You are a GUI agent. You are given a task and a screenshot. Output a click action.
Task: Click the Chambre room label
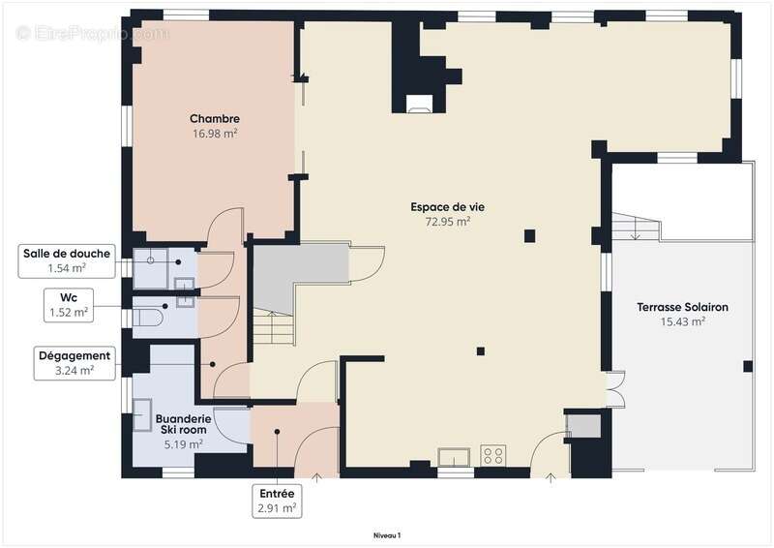(x=215, y=118)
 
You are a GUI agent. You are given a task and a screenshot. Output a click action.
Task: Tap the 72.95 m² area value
(x=448, y=222)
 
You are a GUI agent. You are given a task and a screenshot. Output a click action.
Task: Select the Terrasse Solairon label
(x=682, y=307)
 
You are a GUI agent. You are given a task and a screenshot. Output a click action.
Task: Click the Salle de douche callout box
(x=67, y=260)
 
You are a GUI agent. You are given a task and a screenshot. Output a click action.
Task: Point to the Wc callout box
(x=69, y=305)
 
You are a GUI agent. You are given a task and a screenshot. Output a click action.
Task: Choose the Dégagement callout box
(x=74, y=363)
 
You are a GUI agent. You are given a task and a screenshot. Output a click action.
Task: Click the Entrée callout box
(x=277, y=502)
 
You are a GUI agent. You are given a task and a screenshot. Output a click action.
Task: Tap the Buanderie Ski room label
(x=183, y=424)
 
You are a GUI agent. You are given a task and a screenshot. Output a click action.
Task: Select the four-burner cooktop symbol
(x=493, y=455)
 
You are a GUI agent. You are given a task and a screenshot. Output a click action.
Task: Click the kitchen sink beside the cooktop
(x=454, y=457)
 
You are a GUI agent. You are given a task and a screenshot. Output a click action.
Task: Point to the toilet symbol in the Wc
(x=148, y=318)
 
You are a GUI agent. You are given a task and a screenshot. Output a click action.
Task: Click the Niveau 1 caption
(x=387, y=535)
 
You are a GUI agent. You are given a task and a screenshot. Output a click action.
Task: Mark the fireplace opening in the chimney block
(x=419, y=104)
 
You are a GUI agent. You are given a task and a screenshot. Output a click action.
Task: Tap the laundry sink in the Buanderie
(x=142, y=415)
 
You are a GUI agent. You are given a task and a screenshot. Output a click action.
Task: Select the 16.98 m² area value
(x=215, y=134)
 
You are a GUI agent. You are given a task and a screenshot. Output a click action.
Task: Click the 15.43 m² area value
(x=683, y=321)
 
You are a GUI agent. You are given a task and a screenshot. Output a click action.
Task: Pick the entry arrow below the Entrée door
(x=316, y=477)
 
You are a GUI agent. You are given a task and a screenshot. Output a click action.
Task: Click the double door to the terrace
(x=615, y=388)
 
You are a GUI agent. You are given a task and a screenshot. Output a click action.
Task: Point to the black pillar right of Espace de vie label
(x=529, y=236)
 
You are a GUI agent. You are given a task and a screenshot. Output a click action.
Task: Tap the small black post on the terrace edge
(x=748, y=367)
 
